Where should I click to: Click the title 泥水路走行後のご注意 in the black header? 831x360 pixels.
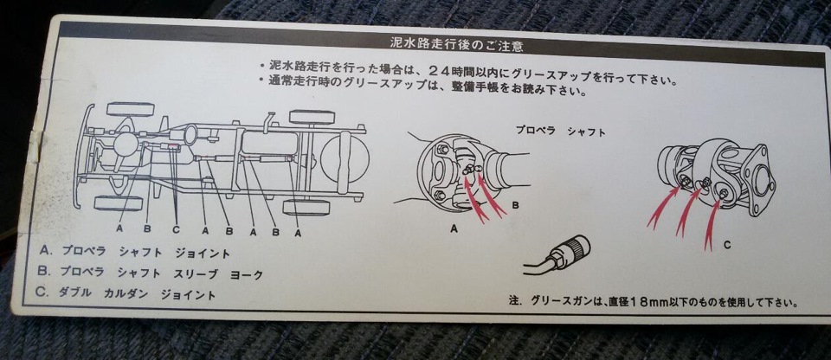(457, 44)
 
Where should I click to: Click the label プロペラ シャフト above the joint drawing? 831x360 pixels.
(560, 131)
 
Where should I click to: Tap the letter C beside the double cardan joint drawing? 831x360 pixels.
(727, 245)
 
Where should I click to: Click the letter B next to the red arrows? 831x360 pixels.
(515, 204)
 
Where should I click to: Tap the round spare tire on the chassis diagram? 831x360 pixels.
(345, 160)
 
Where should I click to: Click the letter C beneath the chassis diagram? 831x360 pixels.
(176, 229)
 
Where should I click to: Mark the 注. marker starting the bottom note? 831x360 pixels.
(516, 300)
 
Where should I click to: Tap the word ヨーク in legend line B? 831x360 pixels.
(247, 275)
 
